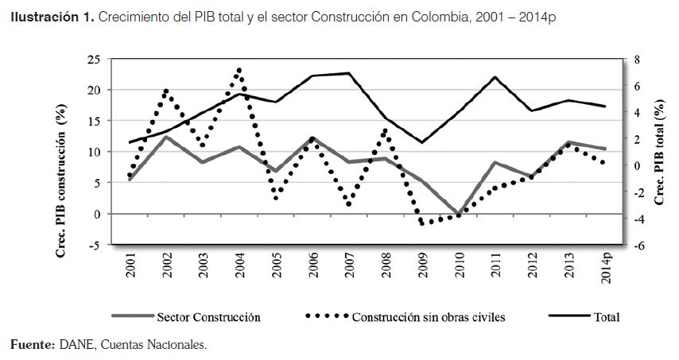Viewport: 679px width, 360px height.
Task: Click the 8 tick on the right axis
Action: [634, 60]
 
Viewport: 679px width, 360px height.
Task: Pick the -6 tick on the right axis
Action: [635, 246]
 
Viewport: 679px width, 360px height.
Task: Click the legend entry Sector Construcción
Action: [208, 316]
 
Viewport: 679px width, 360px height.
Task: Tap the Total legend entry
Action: [606, 316]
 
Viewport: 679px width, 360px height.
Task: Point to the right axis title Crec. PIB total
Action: [659, 151]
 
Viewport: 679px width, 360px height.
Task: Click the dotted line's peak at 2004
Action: [239, 70]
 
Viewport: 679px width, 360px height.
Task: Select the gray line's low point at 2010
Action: [459, 214]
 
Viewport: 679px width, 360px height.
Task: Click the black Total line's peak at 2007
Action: [349, 73]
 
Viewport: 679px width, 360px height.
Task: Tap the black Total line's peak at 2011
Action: [495, 77]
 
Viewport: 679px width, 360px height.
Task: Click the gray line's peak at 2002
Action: [166, 137]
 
